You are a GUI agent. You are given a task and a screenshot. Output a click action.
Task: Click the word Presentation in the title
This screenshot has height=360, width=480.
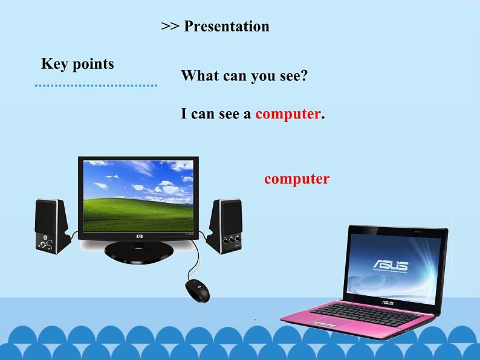226,27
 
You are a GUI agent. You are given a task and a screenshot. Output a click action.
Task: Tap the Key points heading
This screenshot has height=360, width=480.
77,64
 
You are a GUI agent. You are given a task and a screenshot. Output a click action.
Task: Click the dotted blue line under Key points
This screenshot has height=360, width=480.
96,85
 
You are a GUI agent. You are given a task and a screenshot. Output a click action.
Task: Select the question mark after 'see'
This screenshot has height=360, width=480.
305,77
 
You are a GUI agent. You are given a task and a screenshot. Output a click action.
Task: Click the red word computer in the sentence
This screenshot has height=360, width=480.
287,114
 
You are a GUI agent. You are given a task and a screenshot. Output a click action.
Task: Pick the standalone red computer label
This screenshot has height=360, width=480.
296,179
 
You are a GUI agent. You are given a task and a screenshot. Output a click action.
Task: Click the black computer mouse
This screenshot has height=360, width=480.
197,291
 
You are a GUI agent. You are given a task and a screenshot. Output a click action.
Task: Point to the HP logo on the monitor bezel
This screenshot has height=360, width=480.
139,236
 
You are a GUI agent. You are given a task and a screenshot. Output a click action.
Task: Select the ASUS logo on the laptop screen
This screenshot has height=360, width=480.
390,265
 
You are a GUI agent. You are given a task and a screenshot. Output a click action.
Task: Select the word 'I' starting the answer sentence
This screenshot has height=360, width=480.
184,114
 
